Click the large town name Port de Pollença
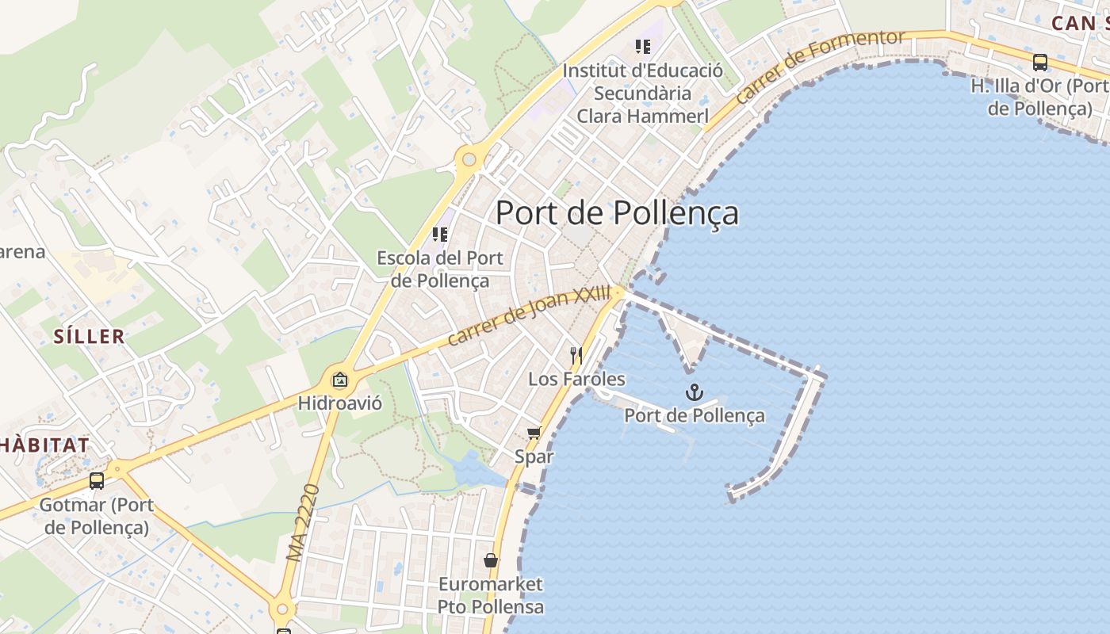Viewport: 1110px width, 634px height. pyautogui.click(x=617, y=212)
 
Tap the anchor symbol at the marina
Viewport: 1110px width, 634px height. pyautogui.click(x=695, y=392)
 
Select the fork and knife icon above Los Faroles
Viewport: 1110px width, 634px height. pyautogui.click(x=576, y=355)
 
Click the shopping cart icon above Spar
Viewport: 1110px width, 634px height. pyautogui.click(x=534, y=433)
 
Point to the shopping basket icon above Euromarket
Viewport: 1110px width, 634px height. pyautogui.click(x=491, y=560)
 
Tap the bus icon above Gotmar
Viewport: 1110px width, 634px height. pyautogui.click(x=97, y=480)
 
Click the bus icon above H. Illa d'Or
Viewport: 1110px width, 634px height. pyautogui.click(x=1039, y=62)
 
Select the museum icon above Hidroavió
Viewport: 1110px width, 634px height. pyautogui.click(x=340, y=380)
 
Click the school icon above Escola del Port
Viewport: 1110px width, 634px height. pyautogui.click(x=440, y=234)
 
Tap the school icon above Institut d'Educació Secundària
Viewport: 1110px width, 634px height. pyautogui.click(x=642, y=47)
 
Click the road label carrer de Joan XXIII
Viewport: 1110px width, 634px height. pyautogui.click(x=530, y=315)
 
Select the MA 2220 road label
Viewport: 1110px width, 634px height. pyautogui.click(x=304, y=523)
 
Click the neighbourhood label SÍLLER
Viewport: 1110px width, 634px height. pyautogui.click(x=90, y=336)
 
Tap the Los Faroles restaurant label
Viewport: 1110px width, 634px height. pyautogui.click(x=576, y=379)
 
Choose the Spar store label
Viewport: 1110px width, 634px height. pyautogui.click(x=534, y=456)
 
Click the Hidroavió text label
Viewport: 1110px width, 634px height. pyautogui.click(x=340, y=403)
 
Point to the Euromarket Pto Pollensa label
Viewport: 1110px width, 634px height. pyautogui.click(x=491, y=596)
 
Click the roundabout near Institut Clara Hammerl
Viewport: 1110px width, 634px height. pyautogui.click(x=469, y=159)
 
